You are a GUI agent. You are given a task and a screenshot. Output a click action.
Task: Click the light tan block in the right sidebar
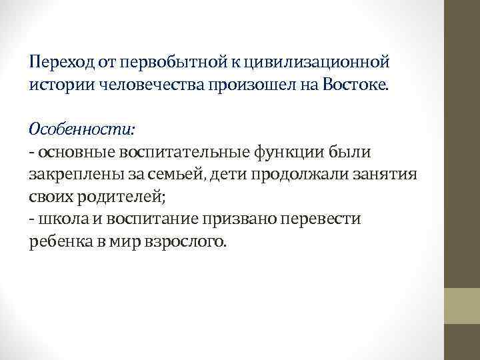coord(463,306)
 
